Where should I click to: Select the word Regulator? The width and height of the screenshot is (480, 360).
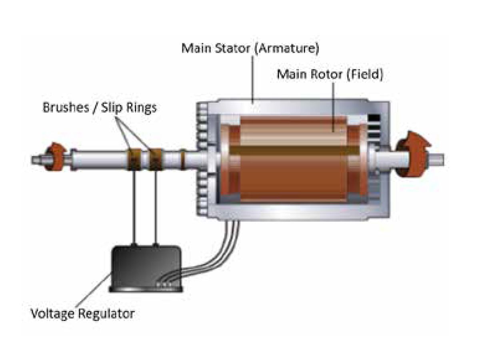point(108,313)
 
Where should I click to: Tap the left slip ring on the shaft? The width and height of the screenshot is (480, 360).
point(134,159)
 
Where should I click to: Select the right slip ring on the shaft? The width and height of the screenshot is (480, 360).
point(155,159)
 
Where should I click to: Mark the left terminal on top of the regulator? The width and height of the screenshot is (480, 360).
point(134,244)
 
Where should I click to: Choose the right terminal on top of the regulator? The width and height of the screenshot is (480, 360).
point(156,244)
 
